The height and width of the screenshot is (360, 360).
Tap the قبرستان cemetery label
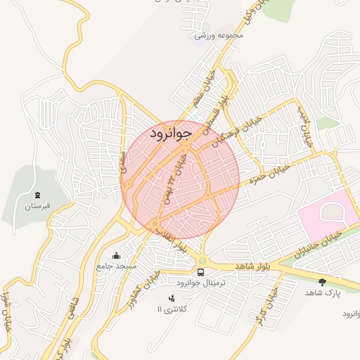[38, 207]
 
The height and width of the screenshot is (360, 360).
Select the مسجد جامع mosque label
[117, 267]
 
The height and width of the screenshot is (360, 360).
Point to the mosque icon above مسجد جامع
[117, 255]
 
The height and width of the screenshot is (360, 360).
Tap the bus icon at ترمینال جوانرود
[202, 271]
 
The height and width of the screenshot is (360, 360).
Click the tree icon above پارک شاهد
[323, 281]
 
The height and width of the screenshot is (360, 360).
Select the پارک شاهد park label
[323, 292]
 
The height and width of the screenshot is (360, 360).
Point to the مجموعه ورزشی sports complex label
[220, 34]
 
